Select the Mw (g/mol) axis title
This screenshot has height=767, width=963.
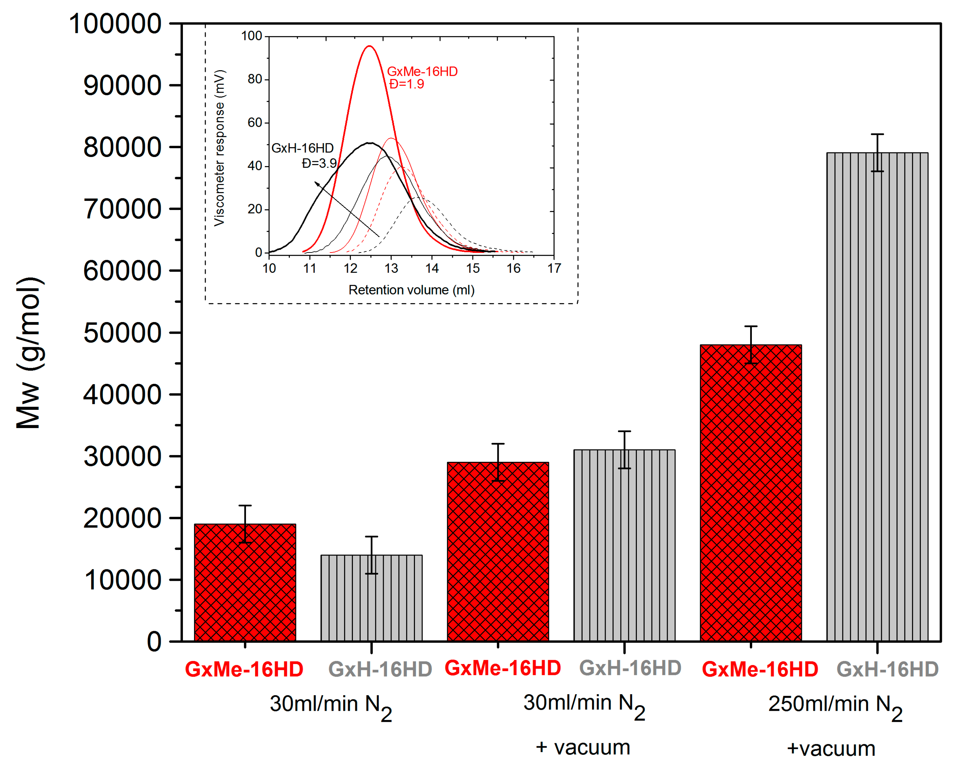coord(29,353)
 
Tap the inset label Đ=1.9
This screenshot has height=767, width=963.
coord(406,84)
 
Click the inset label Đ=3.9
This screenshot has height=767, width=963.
coord(319,163)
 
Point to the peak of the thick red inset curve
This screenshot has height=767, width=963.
coord(369,46)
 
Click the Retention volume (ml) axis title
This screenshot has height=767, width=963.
coord(411,290)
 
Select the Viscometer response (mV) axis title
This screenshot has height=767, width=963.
coord(219,148)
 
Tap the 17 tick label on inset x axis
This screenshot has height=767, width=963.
coord(554,268)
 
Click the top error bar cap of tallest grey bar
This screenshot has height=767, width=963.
coord(877,134)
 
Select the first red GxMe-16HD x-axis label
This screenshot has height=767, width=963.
coord(244,669)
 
